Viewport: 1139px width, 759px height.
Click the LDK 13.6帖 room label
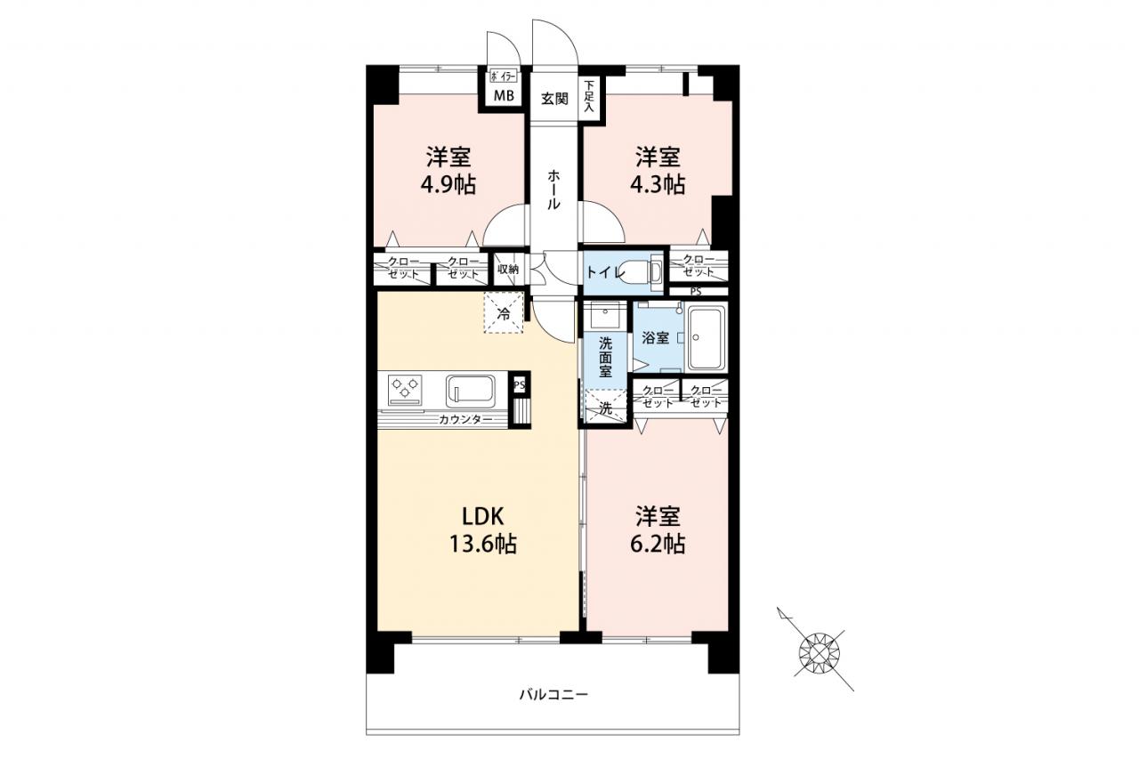482,530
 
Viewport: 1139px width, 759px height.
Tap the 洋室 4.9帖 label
448,172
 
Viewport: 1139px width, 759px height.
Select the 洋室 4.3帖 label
658,172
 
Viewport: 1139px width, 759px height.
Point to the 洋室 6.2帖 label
658,530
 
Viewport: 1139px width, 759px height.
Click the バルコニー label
553,694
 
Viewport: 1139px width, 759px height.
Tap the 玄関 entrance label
554,98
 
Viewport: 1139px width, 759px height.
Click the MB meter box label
504,95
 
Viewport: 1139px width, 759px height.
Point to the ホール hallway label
553,190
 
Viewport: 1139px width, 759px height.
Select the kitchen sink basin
471,392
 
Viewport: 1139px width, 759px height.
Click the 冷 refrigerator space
504,314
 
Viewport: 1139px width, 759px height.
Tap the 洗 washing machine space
606,406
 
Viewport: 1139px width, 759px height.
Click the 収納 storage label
507,270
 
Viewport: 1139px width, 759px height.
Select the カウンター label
465,420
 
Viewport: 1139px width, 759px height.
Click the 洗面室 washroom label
605,357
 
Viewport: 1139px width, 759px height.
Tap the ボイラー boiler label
504,77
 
